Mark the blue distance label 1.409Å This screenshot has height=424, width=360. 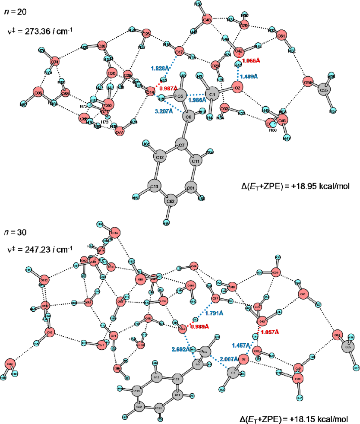pos(248,76)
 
